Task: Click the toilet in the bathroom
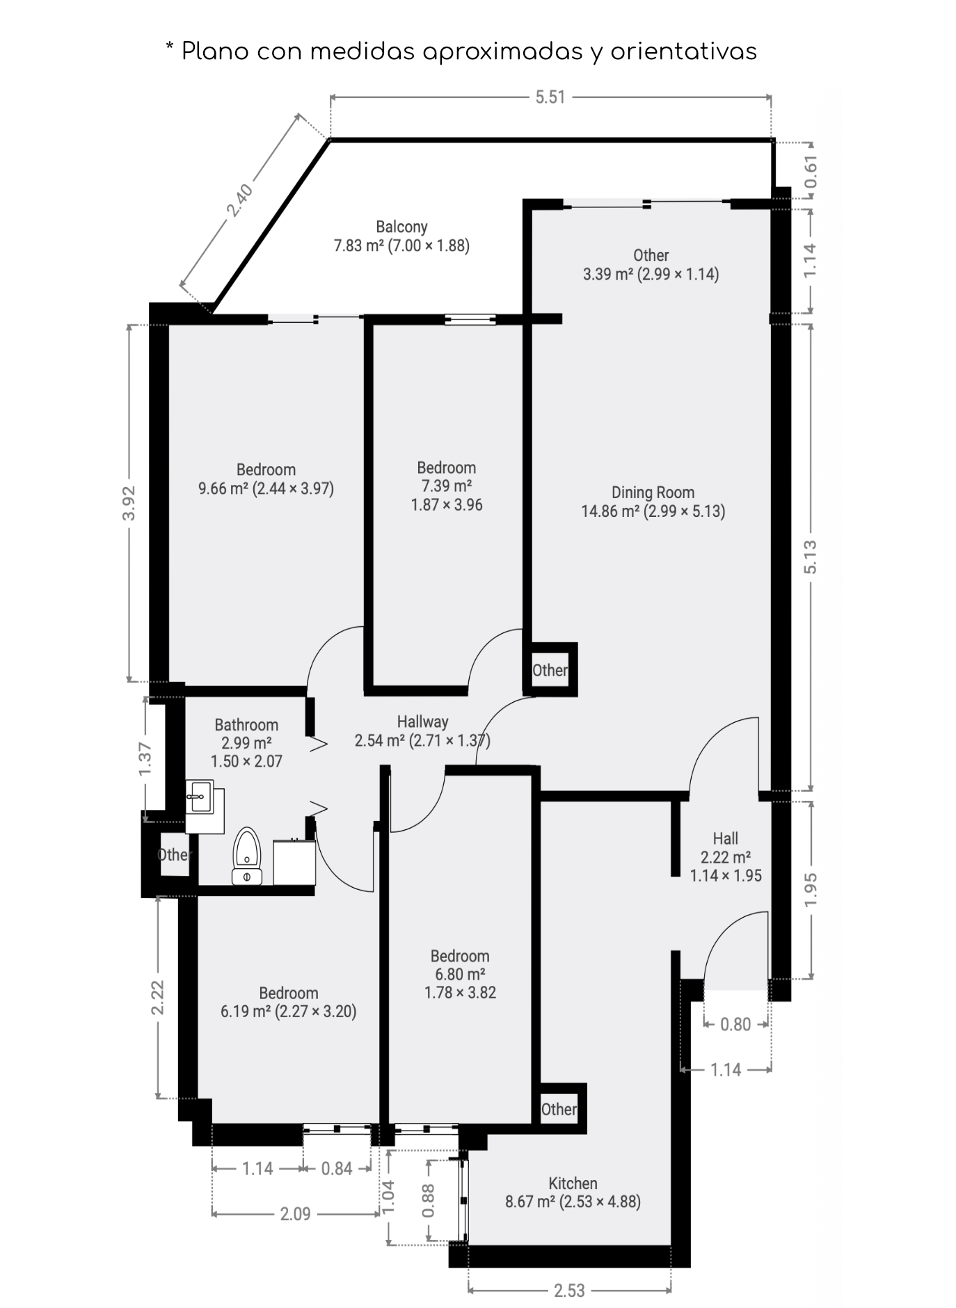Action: pos(246,855)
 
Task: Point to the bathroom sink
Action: pos(200,796)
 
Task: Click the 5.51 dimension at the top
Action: pos(550,97)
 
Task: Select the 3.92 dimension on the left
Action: pos(129,502)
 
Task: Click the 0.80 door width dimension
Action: pos(735,1024)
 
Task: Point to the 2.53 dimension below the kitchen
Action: pos(569,1291)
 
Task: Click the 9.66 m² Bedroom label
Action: pos(266,479)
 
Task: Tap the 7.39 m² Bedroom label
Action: pos(446,486)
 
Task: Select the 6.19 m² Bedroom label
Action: pos(288,1002)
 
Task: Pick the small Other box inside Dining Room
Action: pos(550,670)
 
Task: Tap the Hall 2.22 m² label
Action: pos(725,856)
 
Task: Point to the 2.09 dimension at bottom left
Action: pos(295,1214)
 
